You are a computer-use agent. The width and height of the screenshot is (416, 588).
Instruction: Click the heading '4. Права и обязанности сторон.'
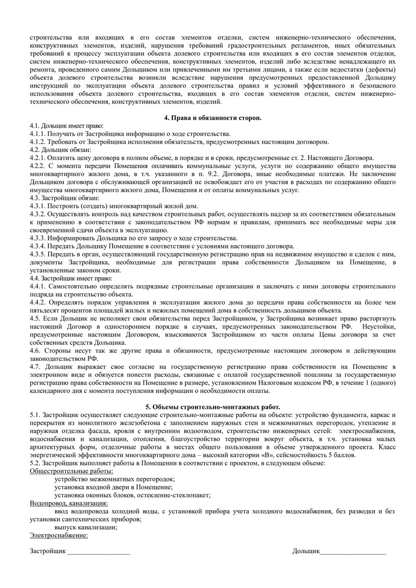point(212,118)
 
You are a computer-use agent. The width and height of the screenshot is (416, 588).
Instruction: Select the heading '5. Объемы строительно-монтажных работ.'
point(213,407)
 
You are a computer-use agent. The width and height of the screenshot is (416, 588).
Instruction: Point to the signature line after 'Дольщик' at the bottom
point(353,552)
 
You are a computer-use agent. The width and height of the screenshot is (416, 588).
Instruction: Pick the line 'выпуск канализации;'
point(86,527)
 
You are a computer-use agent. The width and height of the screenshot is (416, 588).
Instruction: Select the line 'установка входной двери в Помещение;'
point(113,487)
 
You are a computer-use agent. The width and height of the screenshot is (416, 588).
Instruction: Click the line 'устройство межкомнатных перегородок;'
point(115,479)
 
